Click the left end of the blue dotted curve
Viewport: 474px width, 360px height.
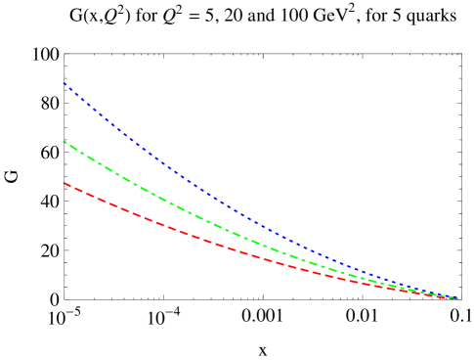[64, 82]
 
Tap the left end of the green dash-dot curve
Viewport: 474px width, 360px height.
[64, 142]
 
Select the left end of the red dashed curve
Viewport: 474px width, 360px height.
[64, 182]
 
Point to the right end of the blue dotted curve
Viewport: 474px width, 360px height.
[456, 297]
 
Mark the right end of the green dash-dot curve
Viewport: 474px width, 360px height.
[456, 297]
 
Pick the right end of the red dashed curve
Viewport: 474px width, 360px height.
[456, 297]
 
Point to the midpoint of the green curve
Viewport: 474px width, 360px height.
[260, 244]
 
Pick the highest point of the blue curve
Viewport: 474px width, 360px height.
[64, 82]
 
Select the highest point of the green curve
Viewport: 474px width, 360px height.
[64, 142]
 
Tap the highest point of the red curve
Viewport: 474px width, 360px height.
[64, 182]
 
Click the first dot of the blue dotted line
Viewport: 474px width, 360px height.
[65, 83]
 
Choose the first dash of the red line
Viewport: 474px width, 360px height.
[66, 184]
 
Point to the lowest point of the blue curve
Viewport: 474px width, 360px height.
[456, 297]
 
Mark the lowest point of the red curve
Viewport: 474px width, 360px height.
[456, 297]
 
